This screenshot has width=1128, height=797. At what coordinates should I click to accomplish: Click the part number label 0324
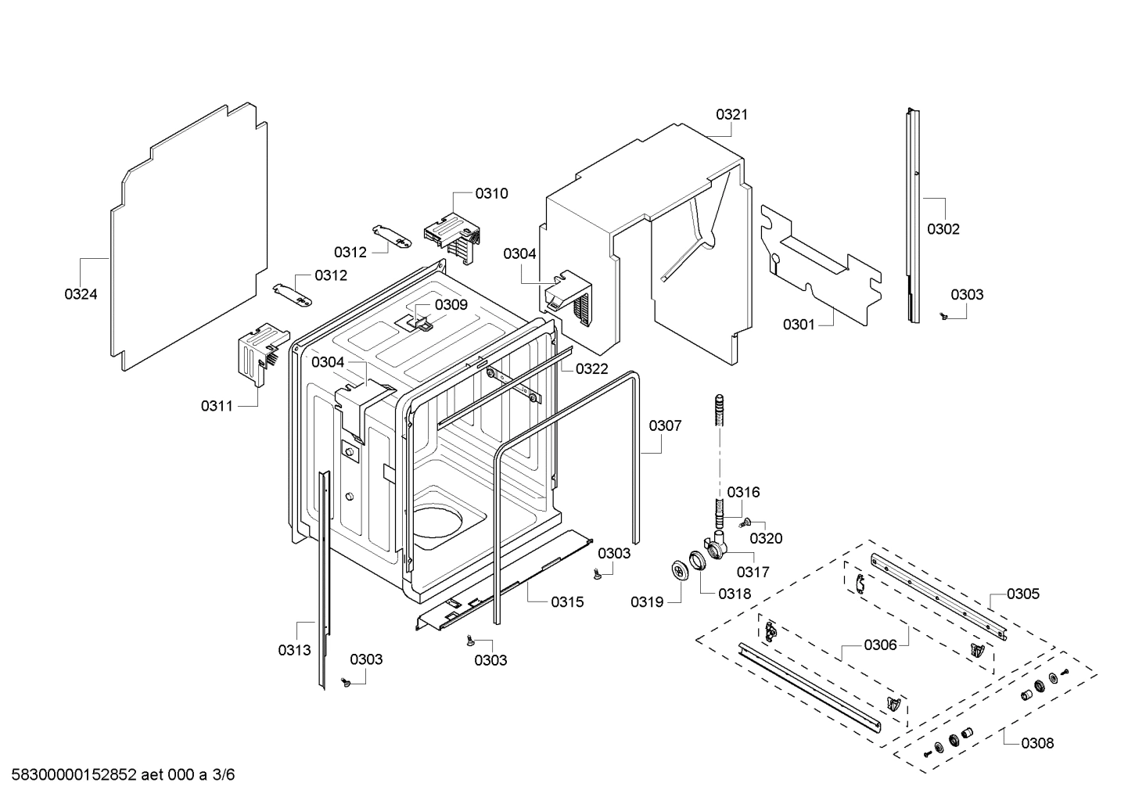[81, 294]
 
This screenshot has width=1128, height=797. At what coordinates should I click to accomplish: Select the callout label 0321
[731, 114]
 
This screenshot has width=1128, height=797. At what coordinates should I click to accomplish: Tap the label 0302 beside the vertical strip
[943, 229]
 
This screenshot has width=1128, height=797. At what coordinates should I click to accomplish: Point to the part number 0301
[799, 324]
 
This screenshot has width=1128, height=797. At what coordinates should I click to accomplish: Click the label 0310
[491, 193]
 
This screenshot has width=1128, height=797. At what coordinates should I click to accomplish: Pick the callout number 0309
[451, 304]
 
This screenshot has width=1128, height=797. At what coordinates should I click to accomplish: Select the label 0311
[217, 405]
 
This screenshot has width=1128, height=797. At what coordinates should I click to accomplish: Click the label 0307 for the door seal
[665, 425]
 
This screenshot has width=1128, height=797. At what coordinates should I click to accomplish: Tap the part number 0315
[567, 601]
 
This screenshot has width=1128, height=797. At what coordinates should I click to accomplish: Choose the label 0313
[294, 650]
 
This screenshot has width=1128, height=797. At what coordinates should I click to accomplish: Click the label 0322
[591, 368]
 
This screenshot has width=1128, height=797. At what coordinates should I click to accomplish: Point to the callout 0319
[647, 601]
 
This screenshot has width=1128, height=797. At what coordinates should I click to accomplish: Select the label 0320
[766, 538]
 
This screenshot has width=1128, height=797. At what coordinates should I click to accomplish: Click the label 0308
[1037, 743]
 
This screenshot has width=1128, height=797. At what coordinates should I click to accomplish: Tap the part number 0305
[1023, 594]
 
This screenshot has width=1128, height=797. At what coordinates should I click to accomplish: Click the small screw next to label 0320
[747, 522]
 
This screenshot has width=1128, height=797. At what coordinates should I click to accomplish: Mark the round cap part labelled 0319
[678, 570]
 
